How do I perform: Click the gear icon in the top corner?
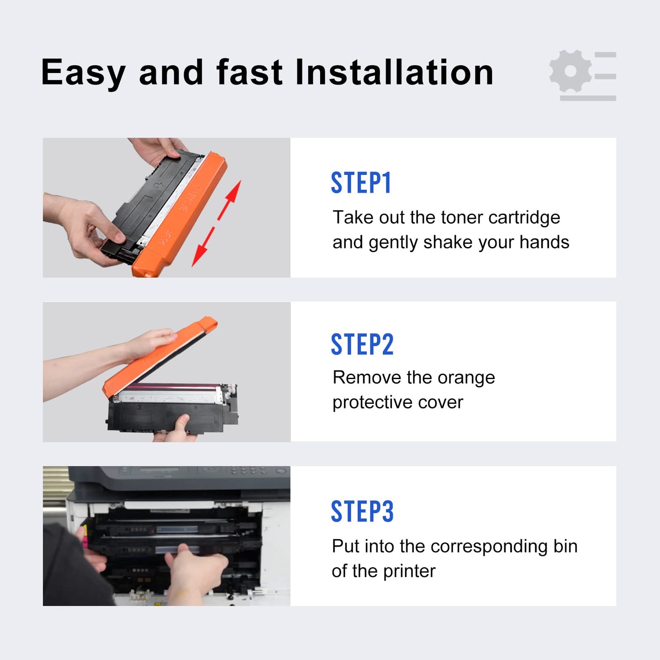point(570,71)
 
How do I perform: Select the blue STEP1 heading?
point(361,183)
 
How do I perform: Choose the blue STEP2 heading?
point(362,344)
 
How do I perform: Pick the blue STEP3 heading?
point(362,511)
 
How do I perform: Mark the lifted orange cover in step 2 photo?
point(159,356)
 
